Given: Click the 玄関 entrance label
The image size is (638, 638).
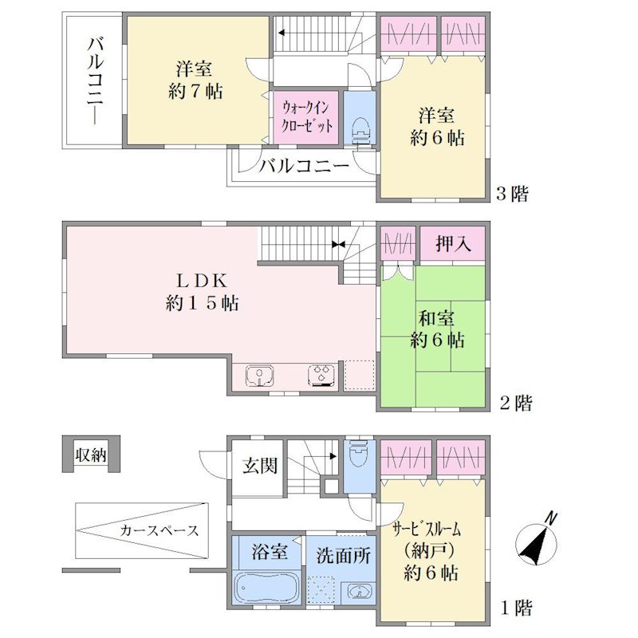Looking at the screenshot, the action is [x=260, y=466].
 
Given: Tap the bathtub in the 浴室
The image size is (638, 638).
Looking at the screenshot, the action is [x=267, y=588].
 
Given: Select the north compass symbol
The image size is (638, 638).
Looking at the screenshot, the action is [x=537, y=542].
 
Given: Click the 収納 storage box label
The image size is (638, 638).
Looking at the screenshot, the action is [x=91, y=455].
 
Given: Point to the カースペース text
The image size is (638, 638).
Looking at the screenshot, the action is [x=159, y=530].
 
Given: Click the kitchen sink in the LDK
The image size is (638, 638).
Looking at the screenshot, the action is [x=259, y=375].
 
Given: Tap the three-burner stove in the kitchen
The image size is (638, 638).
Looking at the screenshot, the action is [x=321, y=375].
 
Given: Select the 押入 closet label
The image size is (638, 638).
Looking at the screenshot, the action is [x=453, y=244].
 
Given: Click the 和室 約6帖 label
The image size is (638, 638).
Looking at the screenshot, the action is [x=436, y=329].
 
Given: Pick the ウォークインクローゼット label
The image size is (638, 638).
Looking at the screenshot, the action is [x=307, y=117].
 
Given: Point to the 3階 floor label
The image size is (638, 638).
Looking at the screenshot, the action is [x=512, y=193].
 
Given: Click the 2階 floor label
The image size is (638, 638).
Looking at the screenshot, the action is [x=515, y=403].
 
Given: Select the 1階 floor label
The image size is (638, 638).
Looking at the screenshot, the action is [x=516, y=608].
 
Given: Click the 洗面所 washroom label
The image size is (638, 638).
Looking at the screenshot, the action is [x=343, y=555].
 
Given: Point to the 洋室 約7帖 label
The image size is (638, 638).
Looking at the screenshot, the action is [x=195, y=81].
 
